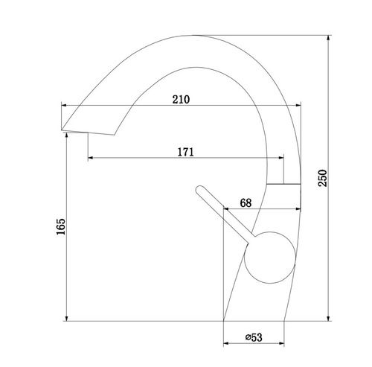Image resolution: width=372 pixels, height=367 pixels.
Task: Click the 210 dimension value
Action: pyautogui.click(x=181, y=100)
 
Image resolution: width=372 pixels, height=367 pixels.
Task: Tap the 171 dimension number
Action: pyautogui.click(x=185, y=152)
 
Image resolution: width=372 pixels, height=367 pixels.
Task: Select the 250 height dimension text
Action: pyautogui.click(x=323, y=178)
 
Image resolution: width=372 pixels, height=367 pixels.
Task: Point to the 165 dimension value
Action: pyautogui.click(x=61, y=226)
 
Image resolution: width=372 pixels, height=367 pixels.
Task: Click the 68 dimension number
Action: pyautogui.click(x=246, y=203)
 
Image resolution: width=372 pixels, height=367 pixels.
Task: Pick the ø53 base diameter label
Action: pyautogui.click(x=254, y=337)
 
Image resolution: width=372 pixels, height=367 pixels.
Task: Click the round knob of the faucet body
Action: pyautogui.click(x=270, y=258)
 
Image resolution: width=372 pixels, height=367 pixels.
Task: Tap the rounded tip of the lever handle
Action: pyautogui.click(x=199, y=189)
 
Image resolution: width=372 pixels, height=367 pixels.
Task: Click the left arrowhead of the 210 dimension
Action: pyautogui.click(x=64, y=106)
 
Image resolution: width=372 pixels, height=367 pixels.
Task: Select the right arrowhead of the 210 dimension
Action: pyautogui.click(x=298, y=106)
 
